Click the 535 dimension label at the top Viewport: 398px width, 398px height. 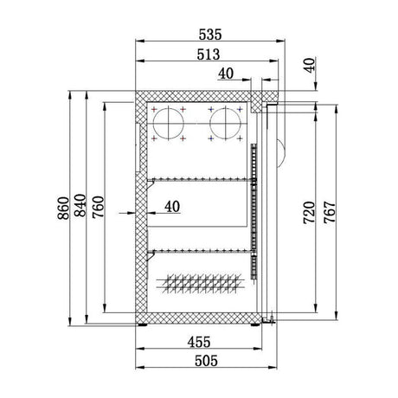pos(211,35)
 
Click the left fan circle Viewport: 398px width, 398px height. pos(170,123)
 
